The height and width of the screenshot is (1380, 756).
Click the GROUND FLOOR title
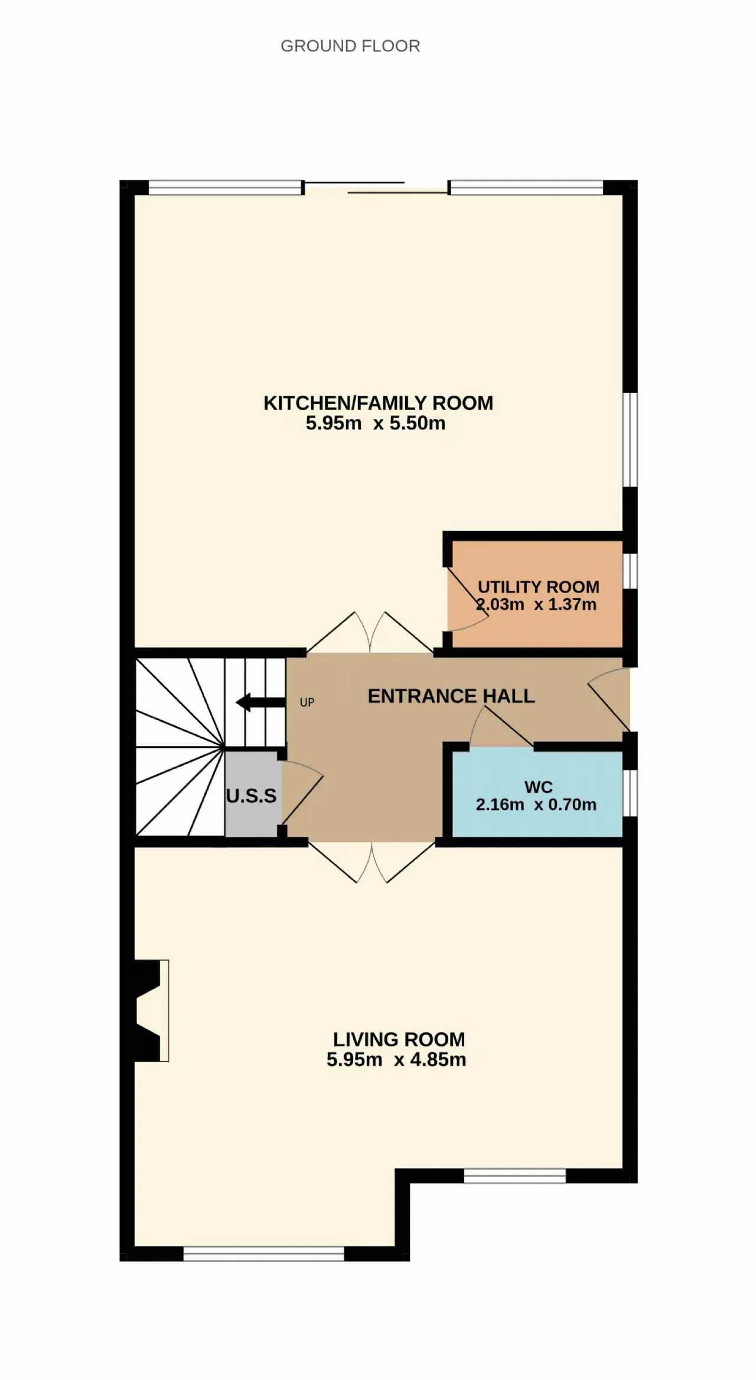click(x=350, y=46)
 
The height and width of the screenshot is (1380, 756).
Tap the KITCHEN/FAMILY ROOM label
click(x=378, y=403)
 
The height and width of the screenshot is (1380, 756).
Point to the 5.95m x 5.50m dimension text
click(x=376, y=423)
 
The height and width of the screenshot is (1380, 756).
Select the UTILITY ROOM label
click(x=538, y=587)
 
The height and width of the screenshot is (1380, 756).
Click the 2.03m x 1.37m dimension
click(x=536, y=604)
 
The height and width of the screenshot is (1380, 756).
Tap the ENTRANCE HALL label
click(x=451, y=696)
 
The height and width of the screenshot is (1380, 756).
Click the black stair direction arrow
click(x=260, y=702)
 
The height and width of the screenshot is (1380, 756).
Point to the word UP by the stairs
click(x=307, y=702)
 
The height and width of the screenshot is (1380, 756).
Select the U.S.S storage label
click(x=251, y=796)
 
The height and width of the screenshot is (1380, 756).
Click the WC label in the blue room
click(x=539, y=787)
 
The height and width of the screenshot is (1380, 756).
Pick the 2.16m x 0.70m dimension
click(x=536, y=805)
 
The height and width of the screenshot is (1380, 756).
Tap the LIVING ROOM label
click(x=399, y=1039)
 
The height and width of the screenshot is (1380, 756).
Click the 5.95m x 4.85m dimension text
click(x=396, y=1059)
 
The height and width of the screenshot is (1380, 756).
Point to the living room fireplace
click(x=149, y=1011)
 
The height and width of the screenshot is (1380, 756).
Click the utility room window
click(x=630, y=571)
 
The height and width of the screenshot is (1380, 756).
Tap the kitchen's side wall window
click(x=630, y=440)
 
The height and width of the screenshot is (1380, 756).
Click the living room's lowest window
click(x=263, y=1253)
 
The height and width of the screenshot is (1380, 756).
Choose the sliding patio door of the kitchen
click(x=376, y=188)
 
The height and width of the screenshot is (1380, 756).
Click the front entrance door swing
click(x=609, y=699)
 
